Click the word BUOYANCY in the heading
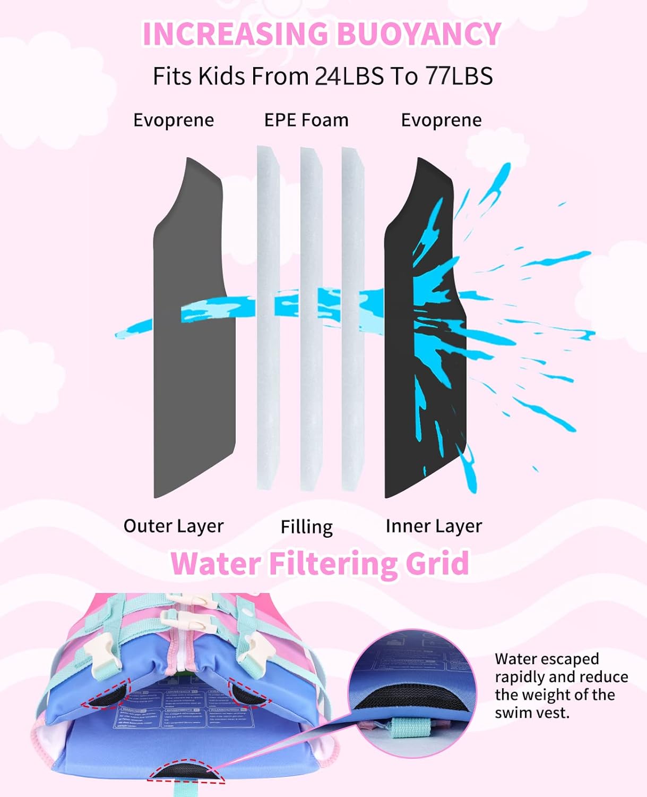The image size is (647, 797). tap(419, 34)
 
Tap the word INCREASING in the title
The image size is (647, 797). tap(235, 34)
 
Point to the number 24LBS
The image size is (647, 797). tap(349, 76)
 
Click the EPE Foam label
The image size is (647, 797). tap(306, 120)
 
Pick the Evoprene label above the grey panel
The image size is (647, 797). tap(174, 120)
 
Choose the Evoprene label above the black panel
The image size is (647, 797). tap(441, 120)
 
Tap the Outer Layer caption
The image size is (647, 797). tap(174, 526)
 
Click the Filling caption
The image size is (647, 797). tap(306, 527)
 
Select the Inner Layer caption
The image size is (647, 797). tap(434, 526)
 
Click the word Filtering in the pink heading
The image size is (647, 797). tap(334, 563)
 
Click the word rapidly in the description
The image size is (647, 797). tap(520, 677)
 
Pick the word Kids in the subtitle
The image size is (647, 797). tap(221, 76)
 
